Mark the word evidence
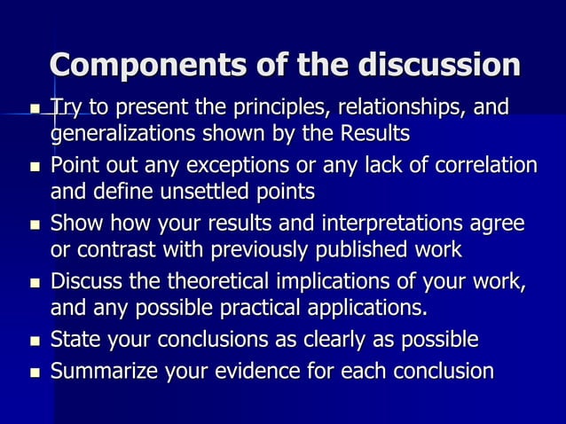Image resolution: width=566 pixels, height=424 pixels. pos(270,371)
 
